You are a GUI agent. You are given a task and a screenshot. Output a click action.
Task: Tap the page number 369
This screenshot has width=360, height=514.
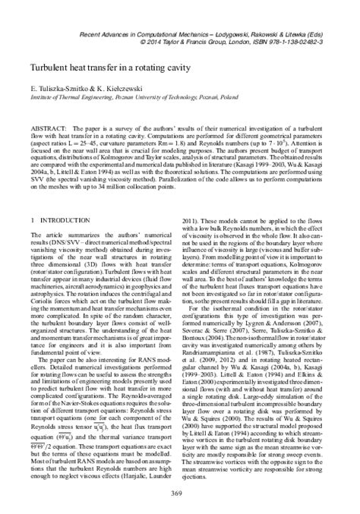coord(180,495)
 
